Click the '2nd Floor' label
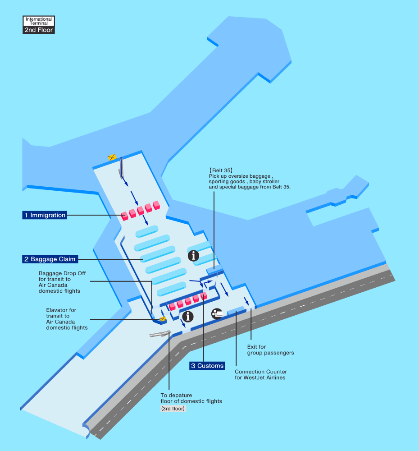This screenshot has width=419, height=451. point(39,30)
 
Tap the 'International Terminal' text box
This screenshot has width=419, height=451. point(39,21)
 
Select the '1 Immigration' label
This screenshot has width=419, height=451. point(45,215)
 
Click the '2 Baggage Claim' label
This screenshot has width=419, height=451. point(50,259)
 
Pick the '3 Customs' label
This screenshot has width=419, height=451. point(207,366)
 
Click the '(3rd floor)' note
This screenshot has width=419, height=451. point(173,409)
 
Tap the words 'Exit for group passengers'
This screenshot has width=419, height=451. point(270,350)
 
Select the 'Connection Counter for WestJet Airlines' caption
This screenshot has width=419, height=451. point(261,374)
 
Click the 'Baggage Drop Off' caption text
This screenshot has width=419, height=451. point(62,273)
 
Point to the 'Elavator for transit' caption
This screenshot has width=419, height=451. point(61,310)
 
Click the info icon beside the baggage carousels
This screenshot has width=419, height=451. point(194,256)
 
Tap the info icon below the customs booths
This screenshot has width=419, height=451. point(188,316)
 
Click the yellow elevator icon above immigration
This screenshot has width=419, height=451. point(112,157)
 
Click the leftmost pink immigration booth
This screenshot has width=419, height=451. point(125,216)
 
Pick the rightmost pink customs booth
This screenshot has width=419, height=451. point(204,296)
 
